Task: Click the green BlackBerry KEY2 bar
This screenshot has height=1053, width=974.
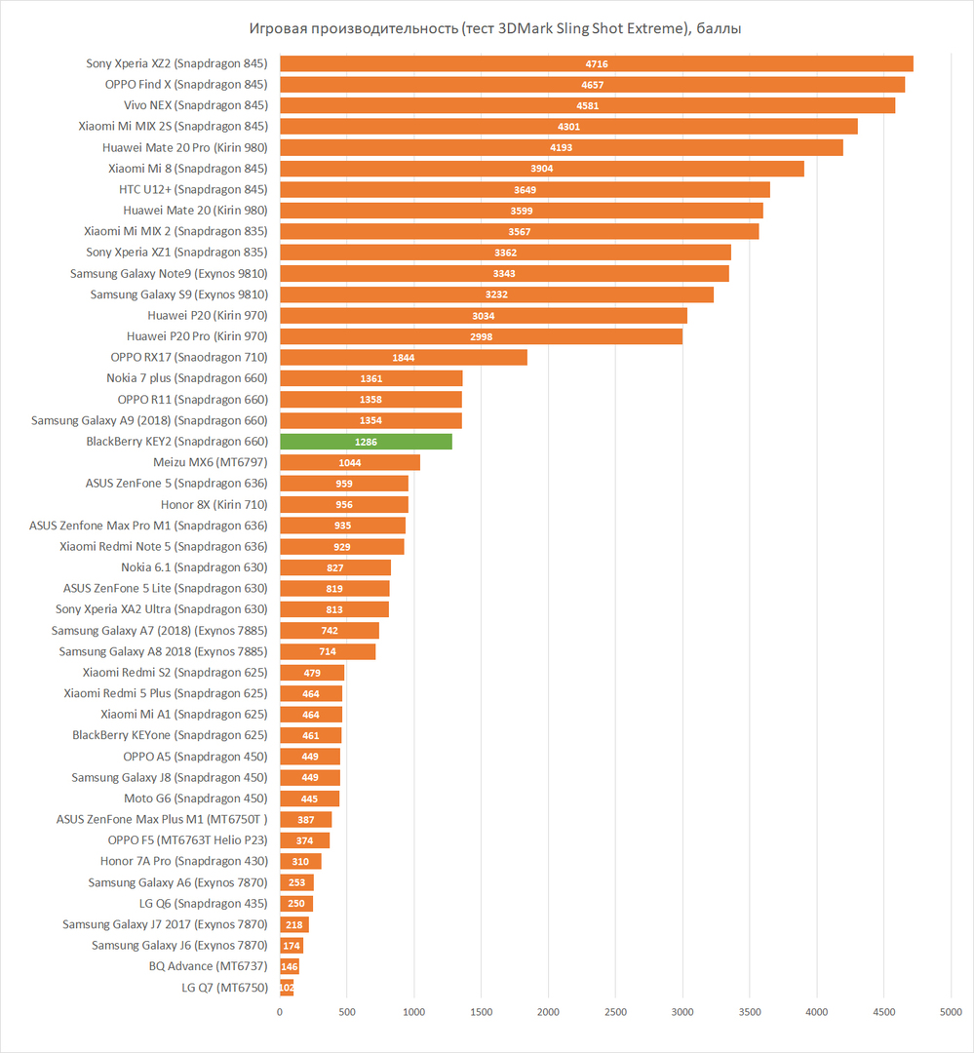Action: pos(366,442)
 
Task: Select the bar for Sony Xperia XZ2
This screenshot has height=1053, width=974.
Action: pos(596,63)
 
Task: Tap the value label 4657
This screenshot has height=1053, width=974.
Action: pos(592,85)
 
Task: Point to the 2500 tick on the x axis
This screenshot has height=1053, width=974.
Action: pos(615,1012)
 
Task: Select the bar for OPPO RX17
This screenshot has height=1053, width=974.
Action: pos(403,358)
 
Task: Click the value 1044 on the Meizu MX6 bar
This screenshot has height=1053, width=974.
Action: pos(349,463)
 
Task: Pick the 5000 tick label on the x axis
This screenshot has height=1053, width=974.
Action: pos(951,1012)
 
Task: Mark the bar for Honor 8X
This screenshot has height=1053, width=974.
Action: pos(343,505)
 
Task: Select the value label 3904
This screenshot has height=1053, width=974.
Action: pos(541,169)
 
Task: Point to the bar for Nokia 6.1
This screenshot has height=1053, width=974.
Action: pos(334,567)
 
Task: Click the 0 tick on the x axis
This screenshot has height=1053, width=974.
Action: pos(280,1012)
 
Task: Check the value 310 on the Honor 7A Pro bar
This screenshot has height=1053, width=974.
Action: pos(299,862)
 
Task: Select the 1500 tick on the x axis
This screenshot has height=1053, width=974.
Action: pos(482,1012)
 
